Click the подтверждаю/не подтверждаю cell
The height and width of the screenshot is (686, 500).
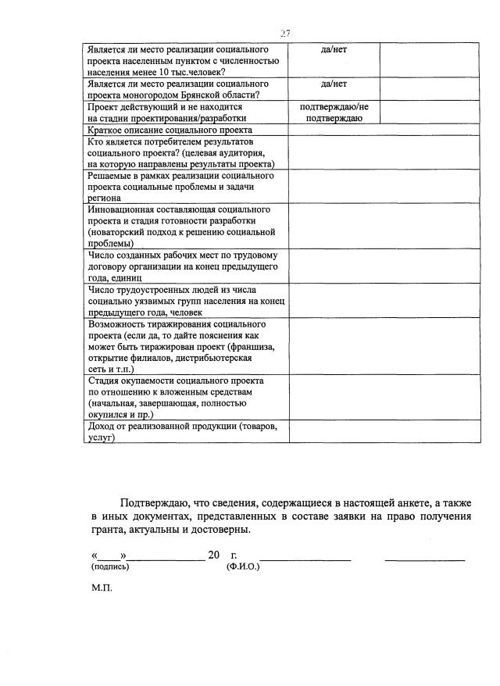pos(334,112)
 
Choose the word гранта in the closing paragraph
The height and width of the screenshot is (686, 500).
pos(108,529)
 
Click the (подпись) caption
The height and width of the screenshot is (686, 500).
pos(110,566)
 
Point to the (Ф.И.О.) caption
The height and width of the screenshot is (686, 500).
pos(243,566)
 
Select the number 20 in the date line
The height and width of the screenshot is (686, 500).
pos(214,555)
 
